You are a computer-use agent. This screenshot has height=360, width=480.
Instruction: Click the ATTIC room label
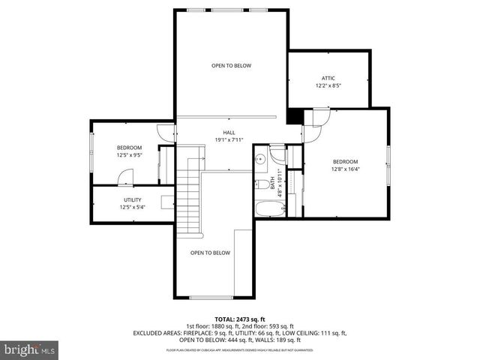[x=328, y=78]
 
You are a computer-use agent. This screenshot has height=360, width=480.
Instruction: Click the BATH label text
[x=262, y=182]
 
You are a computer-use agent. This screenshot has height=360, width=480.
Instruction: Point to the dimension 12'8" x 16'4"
[x=346, y=169]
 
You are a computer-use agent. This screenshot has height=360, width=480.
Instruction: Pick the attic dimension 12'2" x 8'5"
[x=328, y=85]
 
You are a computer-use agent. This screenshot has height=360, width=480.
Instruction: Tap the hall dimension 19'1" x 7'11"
[x=229, y=139]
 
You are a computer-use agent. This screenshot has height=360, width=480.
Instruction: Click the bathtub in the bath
[x=267, y=208]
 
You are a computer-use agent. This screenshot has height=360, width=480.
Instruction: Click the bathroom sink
[x=260, y=159]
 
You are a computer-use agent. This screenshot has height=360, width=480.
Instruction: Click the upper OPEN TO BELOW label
[x=231, y=66]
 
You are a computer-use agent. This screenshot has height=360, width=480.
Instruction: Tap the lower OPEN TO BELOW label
[x=210, y=253]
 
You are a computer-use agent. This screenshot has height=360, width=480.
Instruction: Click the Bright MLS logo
[x=30, y=349]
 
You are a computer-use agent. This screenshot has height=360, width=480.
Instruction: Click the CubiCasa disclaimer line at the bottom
[x=239, y=349]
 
